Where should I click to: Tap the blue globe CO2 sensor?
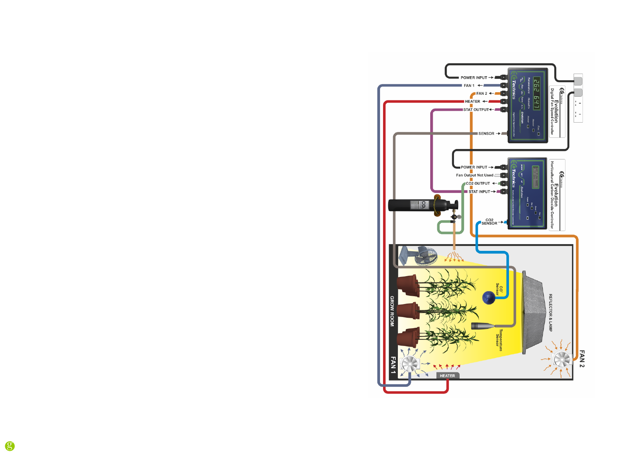[x=489, y=298]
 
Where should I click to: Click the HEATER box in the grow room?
[x=448, y=376]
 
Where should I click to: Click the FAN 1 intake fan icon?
[x=409, y=364]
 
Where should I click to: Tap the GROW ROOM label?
[x=392, y=311]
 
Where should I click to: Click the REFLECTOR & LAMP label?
[x=551, y=313]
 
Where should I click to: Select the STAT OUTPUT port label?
[x=476, y=110]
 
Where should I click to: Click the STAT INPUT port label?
[x=479, y=192]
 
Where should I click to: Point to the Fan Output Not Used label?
[x=475, y=175]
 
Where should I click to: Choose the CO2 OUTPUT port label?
[x=478, y=184]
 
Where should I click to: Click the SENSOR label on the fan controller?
[x=486, y=133]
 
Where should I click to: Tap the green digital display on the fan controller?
[x=536, y=94]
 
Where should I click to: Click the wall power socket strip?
[x=578, y=98]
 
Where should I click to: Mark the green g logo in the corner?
[x=10, y=446]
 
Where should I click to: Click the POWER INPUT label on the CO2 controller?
[x=474, y=167]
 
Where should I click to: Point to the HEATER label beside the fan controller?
[x=473, y=101]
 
